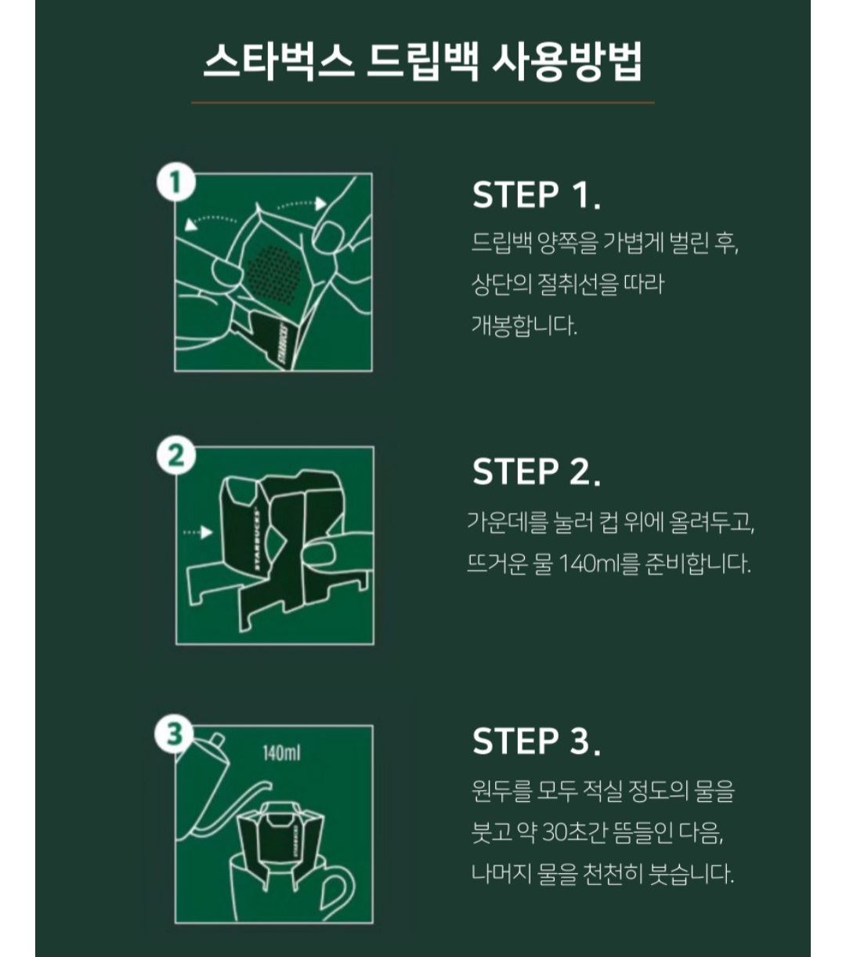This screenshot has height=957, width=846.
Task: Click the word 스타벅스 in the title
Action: pos(279,61)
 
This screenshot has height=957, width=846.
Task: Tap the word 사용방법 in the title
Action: pos(567,61)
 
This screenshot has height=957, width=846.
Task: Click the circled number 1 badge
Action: pos(175,183)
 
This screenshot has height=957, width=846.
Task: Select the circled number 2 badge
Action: pos(176,455)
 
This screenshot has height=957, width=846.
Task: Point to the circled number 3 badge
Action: pos(175,734)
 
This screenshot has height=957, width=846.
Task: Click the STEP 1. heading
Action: pos(537,195)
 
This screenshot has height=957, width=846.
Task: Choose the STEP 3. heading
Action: pos(537,741)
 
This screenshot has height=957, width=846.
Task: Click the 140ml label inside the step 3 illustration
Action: pos(282,753)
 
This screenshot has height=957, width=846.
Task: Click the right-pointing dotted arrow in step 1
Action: pos(302,204)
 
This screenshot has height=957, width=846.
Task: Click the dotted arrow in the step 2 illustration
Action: pos(198,532)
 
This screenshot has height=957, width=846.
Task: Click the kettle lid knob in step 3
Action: pos(216,740)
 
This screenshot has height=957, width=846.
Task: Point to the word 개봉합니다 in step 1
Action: pos(525,325)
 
